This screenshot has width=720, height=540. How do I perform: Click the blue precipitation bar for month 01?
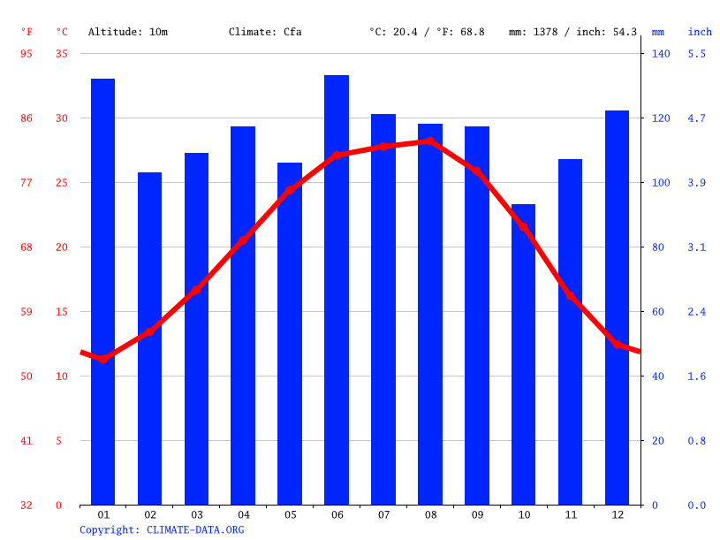102,292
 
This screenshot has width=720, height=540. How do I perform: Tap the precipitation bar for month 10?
523,354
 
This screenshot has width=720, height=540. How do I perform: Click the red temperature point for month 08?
430,141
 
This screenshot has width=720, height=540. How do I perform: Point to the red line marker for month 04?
243,240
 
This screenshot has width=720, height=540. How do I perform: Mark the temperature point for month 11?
570,296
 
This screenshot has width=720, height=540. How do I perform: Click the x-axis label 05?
290,514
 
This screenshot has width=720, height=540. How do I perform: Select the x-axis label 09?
477,514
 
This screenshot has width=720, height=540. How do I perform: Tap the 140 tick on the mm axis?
661,54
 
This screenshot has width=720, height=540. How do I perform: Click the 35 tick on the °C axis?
62,54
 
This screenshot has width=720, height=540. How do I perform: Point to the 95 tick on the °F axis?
27,54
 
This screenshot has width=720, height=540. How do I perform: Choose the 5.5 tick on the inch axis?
697,54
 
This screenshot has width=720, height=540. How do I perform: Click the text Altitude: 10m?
127,32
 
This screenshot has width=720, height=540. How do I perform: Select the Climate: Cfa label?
265,32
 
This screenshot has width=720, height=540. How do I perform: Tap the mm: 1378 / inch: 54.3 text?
572,32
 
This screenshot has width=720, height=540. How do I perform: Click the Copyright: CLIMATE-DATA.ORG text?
162,529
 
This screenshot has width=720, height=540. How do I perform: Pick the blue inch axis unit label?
700,32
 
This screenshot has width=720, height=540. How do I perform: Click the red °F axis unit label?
27,32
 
